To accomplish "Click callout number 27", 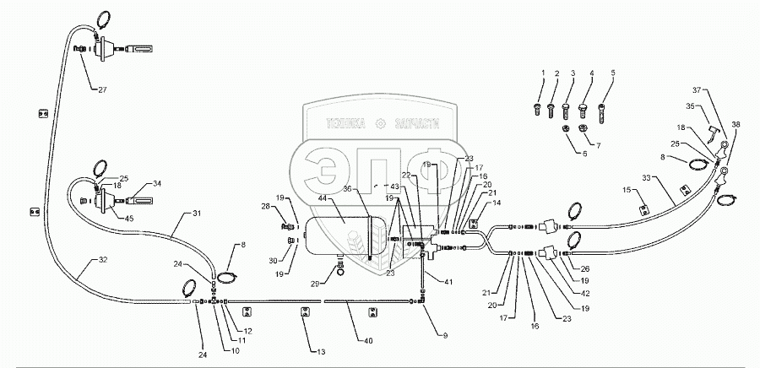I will (102, 89).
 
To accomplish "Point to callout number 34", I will (157, 183).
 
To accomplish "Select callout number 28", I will (264, 207).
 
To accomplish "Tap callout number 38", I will (736, 124).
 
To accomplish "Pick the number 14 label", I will (497, 204).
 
